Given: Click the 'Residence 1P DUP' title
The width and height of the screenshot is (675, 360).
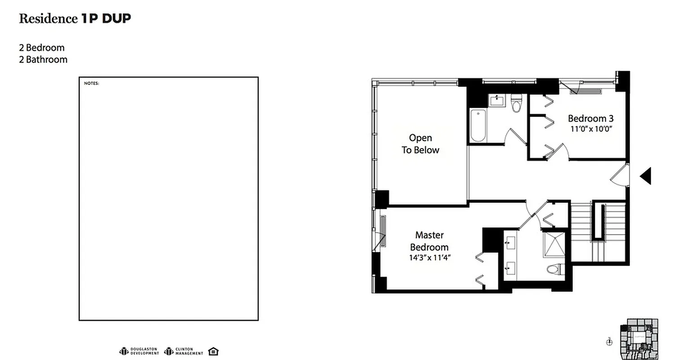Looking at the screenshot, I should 75,18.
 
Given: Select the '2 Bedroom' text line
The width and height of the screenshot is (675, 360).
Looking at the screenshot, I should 41,48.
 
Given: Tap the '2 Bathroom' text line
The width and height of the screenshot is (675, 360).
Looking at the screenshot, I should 43,59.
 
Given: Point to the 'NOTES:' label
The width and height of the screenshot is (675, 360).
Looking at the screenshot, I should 91,83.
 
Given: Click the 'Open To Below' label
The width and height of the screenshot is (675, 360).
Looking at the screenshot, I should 420,144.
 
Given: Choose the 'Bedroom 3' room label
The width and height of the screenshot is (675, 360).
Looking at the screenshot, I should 590,119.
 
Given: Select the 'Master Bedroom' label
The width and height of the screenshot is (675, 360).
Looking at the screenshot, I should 429,241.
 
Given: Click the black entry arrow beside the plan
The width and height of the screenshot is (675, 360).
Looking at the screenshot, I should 646,176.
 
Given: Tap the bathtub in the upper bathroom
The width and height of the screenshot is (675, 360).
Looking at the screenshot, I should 478,125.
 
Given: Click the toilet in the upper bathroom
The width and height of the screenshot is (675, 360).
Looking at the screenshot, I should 516,103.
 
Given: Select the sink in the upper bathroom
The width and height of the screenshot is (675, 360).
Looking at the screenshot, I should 497,100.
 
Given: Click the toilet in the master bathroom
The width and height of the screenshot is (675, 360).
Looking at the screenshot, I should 554,269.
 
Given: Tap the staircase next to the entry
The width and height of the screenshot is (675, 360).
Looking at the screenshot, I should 598,232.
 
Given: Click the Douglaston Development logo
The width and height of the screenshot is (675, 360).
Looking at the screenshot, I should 139,351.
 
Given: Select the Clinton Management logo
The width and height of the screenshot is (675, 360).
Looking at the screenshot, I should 184,351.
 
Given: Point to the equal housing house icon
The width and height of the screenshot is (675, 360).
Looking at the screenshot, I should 214,351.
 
